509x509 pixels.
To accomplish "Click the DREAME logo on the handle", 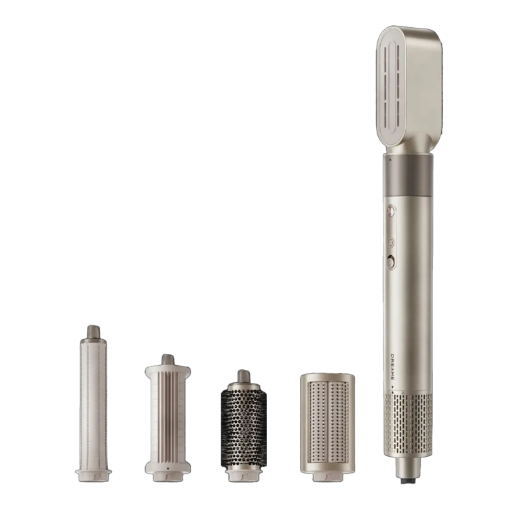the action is pyautogui.click(x=392, y=366).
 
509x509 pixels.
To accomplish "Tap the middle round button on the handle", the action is pyautogui.click(x=391, y=242).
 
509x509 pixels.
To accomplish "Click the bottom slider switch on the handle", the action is pyautogui.click(x=391, y=263).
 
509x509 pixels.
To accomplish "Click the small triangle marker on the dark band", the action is pyautogui.click(x=390, y=159).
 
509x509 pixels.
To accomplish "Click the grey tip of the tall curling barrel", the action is pyautogui.click(x=93, y=331).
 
